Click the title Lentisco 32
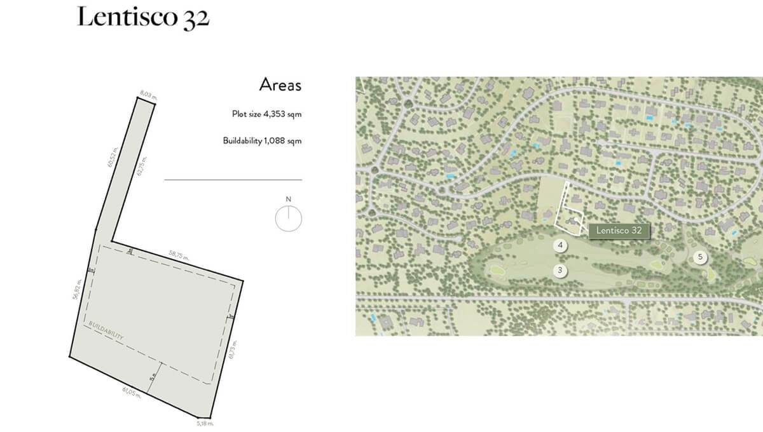pos(143,18)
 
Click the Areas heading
pos(280,84)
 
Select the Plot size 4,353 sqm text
pos(266,115)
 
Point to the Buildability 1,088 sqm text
pos(262,140)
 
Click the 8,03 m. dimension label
pos(148,95)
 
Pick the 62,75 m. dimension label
pos(142,169)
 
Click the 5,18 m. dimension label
pos(205,422)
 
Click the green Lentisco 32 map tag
pos(619,231)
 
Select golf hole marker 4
pos(560,245)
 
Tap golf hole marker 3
pos(560,271)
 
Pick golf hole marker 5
pos(700,257)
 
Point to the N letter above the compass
pos(289,199)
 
